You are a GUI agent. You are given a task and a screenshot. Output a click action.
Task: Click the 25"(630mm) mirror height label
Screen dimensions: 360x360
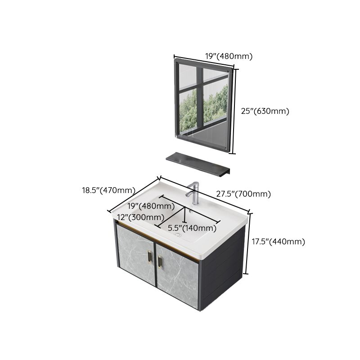pos(265,111)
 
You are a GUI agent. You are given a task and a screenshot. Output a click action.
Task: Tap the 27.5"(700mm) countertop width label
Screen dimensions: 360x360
pos(243,194)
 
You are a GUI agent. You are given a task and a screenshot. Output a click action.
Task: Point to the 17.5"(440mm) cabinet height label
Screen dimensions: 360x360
pos(278,242)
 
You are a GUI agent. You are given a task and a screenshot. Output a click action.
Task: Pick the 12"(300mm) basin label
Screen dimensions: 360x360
pos(140,217)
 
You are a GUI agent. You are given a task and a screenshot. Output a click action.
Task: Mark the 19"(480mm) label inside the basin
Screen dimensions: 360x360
pos(151,207)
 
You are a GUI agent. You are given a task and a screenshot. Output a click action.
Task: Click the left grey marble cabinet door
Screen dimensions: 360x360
pos(134,255)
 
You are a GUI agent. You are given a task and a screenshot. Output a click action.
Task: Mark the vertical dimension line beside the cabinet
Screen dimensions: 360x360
pos(247,243)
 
